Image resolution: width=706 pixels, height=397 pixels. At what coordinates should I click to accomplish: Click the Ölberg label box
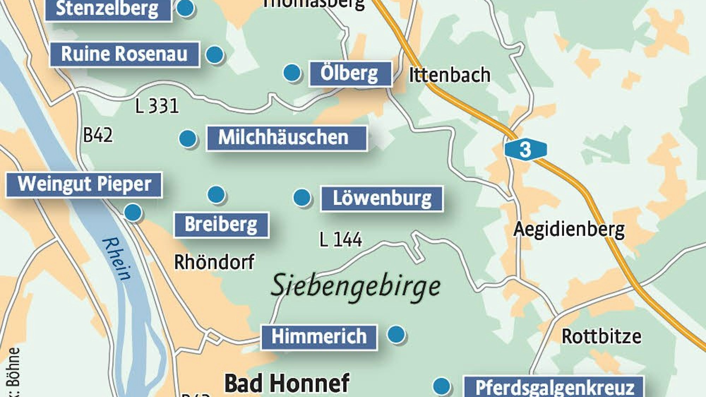(350, 74)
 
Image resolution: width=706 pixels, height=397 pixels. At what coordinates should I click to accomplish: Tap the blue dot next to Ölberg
(292, 73)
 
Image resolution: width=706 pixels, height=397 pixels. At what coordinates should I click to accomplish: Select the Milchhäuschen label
(286, 138)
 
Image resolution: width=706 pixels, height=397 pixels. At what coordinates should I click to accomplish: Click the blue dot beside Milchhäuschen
(187, 138)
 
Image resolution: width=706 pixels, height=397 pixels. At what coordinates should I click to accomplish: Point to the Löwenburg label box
(382, 199)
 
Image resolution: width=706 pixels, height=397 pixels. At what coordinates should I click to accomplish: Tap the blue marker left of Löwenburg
(302, 197)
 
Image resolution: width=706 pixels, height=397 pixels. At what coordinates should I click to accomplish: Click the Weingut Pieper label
(84, 185)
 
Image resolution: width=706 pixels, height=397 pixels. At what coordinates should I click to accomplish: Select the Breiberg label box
(221, 225)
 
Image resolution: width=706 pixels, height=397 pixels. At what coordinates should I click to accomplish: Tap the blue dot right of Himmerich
(396, 334)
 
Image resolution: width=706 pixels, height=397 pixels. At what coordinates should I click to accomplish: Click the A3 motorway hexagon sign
(525, 149)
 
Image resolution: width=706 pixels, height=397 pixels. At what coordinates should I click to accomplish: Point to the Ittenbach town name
(449, 75)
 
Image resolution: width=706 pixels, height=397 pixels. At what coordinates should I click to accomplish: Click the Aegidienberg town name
(569, 230)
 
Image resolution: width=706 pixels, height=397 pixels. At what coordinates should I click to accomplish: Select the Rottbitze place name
(601, 337)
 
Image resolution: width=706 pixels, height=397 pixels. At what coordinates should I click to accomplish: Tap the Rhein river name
(117, 259)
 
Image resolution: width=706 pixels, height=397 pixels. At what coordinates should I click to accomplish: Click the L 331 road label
(157, 106)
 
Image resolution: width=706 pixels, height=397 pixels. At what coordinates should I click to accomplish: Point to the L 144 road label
(341, 240)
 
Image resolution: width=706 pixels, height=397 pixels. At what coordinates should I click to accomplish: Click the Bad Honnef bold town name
(287, 384)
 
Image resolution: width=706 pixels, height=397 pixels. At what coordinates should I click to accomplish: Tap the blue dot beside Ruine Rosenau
(214, 54)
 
